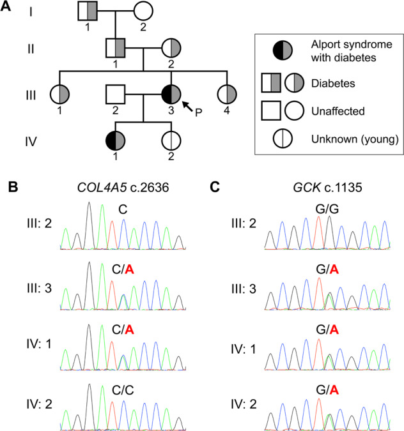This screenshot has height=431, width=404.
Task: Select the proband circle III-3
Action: [x=171, y=94]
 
